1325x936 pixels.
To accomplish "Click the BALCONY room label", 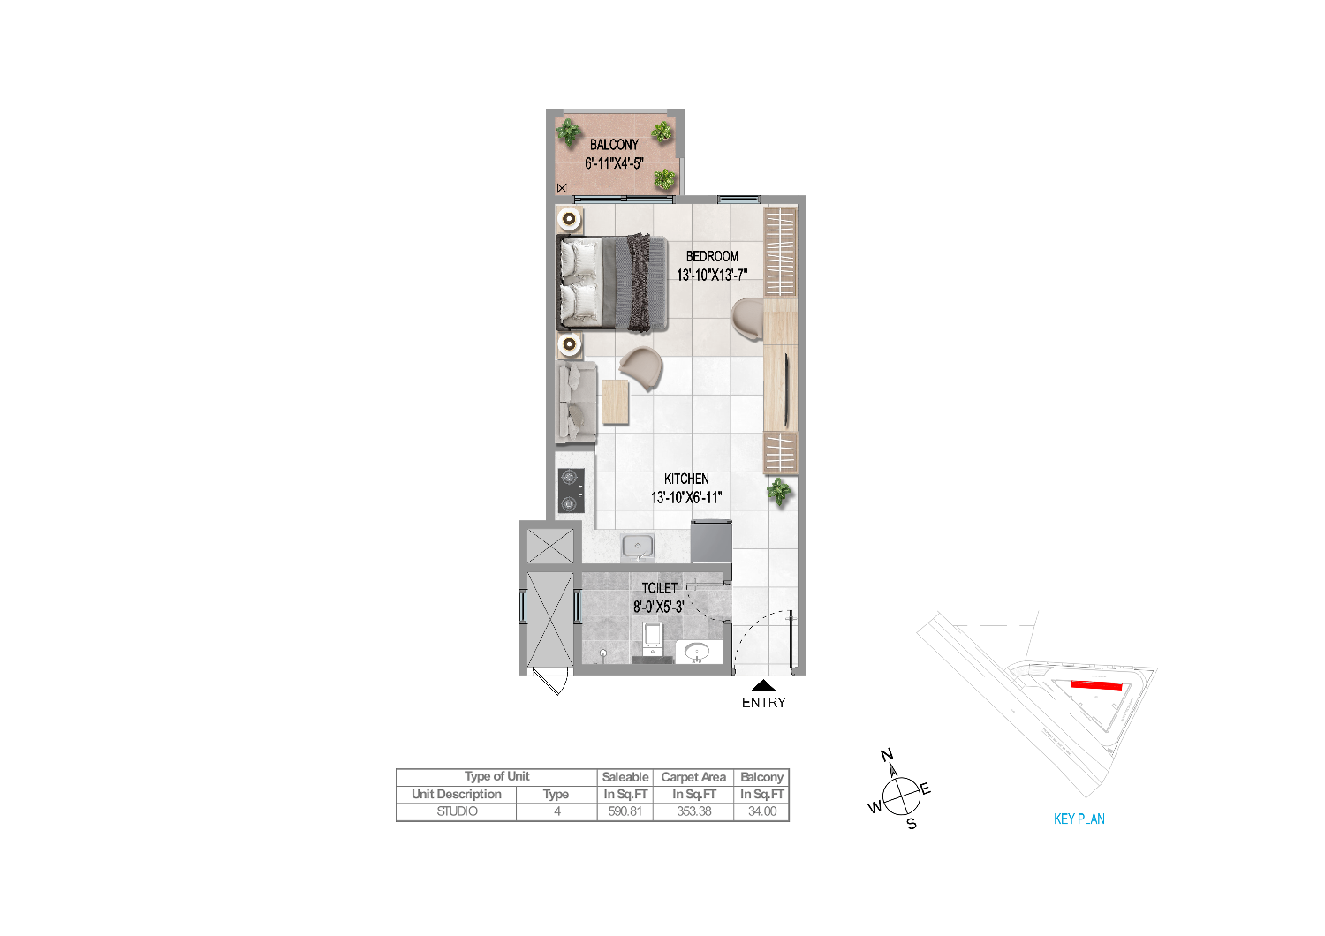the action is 614,145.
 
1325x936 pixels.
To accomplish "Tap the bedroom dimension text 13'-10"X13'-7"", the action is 712,275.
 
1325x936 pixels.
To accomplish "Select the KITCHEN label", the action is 686,479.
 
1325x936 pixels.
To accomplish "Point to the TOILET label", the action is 660,588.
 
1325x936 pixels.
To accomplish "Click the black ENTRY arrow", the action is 764,685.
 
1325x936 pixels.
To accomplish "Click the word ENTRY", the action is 764,703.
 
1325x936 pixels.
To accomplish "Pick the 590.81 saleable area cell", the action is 625,811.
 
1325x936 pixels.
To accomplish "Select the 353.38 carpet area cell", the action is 693,811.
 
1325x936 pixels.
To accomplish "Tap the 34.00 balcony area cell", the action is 761,811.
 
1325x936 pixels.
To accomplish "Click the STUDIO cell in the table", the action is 457,811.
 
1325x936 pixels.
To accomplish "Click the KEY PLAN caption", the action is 1079,819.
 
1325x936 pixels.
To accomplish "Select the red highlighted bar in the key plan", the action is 1097,685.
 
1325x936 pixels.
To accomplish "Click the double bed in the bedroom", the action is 612,283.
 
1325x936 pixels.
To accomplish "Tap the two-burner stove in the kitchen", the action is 571,491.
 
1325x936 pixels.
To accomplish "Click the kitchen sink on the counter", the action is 638,547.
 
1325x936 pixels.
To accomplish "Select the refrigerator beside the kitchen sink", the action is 712,541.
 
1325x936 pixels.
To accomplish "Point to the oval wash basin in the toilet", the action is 698,653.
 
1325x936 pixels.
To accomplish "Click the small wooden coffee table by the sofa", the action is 615,402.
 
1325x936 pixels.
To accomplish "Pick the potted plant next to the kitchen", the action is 779,491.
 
